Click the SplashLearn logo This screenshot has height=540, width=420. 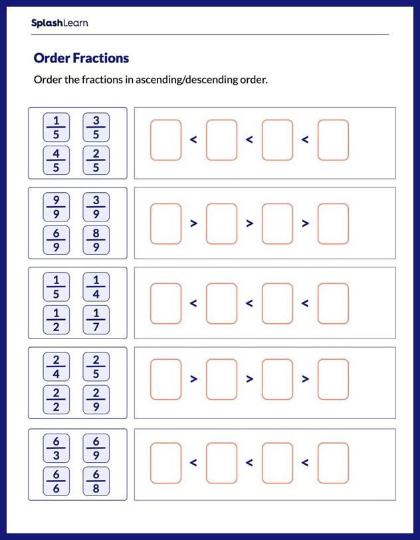59,23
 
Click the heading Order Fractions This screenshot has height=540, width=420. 81,58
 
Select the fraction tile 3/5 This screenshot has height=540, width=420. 96,127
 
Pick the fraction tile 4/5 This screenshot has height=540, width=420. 56,160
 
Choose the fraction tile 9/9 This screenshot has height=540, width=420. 56,207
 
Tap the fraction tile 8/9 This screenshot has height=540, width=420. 96,240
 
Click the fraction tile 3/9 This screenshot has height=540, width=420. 96,207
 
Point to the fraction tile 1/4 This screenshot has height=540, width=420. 96,287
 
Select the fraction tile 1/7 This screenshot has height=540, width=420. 96,320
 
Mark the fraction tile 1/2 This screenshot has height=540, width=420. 56,320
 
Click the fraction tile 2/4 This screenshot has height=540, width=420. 56,366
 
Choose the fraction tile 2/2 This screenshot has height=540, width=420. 56,400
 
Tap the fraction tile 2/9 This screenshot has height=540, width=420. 96,400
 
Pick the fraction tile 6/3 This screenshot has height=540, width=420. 56,447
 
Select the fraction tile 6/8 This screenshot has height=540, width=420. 96,480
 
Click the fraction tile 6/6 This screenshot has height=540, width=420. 56,480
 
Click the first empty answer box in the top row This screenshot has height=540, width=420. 165,140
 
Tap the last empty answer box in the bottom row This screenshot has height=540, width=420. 333,463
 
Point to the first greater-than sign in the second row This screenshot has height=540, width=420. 193,223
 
